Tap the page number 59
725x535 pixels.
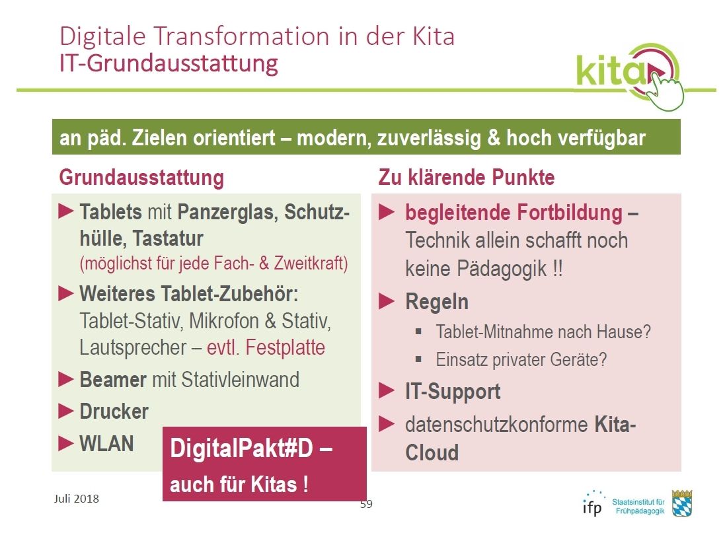(x=366, y=504)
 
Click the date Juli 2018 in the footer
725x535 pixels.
(x=76, y=499)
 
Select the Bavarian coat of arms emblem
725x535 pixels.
(x=682, y=503)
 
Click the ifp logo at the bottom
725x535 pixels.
(x=592, y=503)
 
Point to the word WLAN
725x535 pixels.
(x=106, y=444)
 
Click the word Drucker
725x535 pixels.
(x=114, y=411)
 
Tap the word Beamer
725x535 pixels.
(x=113, y=379)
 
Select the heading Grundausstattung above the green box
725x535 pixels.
(x=141, y=178)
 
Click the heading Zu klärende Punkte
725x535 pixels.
(x=466, y=178)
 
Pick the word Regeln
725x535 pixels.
(x=436, y=302)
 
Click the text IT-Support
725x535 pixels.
(x=453, y=392)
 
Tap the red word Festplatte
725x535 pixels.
(x=285, y=347)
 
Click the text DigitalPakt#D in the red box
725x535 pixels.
(x=242, y=448)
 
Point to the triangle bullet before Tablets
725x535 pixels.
(x=66, y=211)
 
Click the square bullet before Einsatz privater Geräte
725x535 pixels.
(x=418, y=359)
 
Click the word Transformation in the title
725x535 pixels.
(x=241, y=36)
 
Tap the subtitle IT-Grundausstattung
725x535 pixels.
(x=169, y=63)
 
